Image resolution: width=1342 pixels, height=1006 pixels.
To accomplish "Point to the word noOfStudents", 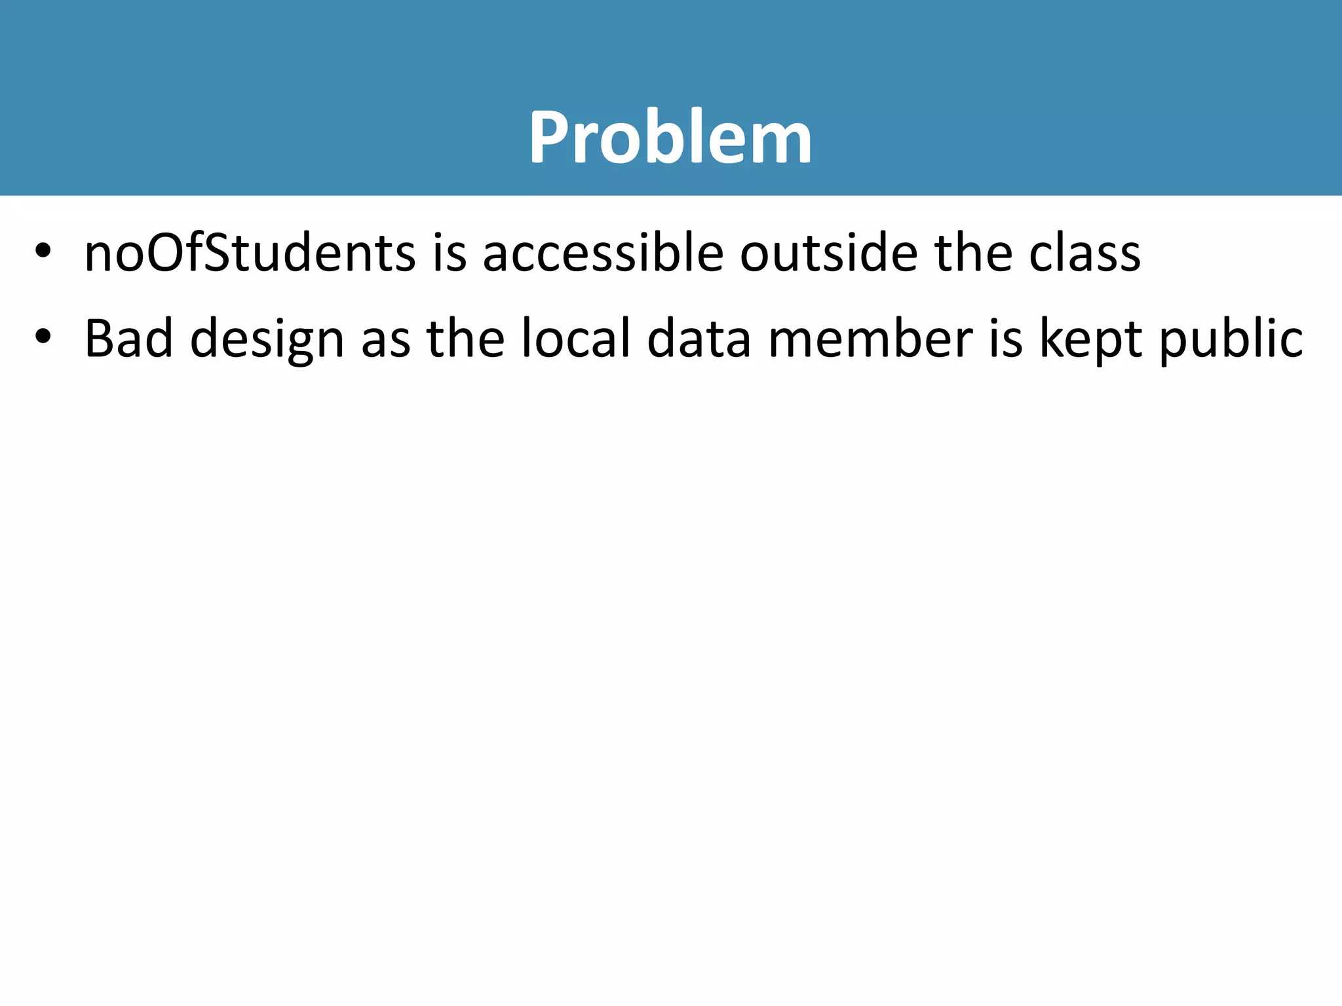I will [250, 253].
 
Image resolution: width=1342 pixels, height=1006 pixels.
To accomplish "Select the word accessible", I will [603, 253].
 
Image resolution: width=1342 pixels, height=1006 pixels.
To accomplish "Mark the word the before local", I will [465, 339].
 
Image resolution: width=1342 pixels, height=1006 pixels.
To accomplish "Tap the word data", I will [699, 339].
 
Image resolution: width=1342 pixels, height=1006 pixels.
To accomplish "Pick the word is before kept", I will [1005, 339].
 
